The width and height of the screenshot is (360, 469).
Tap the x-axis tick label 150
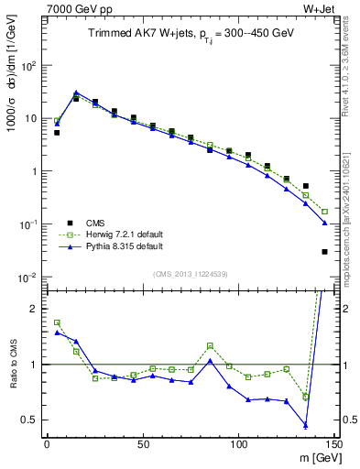pos(333,444)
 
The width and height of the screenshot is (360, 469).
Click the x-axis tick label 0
pos(47,444)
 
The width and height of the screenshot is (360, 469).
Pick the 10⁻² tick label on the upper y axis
pos(28,277)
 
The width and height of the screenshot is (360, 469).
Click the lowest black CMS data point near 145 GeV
pos(324,252)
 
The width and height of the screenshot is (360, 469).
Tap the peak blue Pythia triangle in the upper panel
pos(76,93)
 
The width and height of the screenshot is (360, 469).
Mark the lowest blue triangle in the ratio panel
pos(305,426)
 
